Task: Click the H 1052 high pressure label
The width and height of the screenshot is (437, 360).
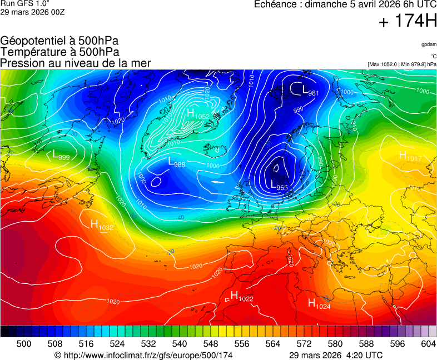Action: point(198,114)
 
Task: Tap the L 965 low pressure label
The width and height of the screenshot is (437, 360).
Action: point(279,185)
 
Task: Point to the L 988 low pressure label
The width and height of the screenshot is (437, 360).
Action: point(176,162)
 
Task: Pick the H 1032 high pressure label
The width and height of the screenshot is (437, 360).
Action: point(102,225)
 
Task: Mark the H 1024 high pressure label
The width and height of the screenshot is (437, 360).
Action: point(319,303)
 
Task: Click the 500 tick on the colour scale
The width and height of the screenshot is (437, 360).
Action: point(24,344)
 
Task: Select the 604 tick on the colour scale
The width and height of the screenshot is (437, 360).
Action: point(428,344)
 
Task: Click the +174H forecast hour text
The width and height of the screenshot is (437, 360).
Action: point(408,22)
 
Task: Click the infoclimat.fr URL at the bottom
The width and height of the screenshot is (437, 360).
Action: point(143,355)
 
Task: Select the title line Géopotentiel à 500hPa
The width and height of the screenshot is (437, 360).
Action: point(59,41)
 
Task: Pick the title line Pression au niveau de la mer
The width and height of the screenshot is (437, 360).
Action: point(76,63)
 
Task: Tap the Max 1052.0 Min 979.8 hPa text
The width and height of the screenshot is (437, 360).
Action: point(401,64)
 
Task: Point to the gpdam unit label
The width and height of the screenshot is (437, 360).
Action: point(428,44)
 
